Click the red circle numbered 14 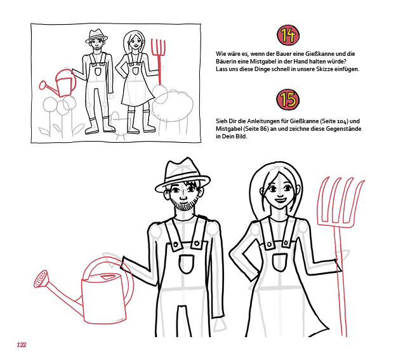click(x=288, y=35)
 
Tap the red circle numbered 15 click(x=287, y=99)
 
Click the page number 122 click(x=22, y=345)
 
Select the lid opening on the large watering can click(x=107, y=277)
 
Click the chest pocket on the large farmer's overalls click(x=187, y=264)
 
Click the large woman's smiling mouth click(x=280, y=201)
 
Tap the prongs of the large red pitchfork click(x=341, y=201)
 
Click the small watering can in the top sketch click(x=58, y=83)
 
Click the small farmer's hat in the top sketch click(x=96, y=36)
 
